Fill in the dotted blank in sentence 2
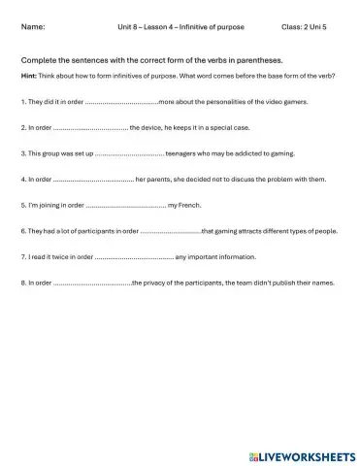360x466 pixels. tap(90, 127)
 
